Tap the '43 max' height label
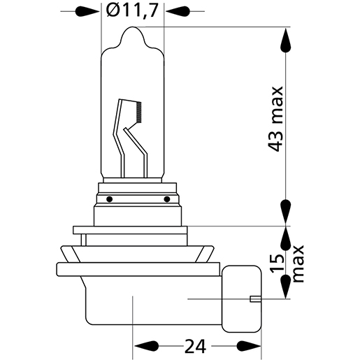point(276,119)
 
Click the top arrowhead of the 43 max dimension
point(286,41)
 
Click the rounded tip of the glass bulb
point(134,31)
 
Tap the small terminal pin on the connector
point(255,301)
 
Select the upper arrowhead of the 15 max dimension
point(286,240)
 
